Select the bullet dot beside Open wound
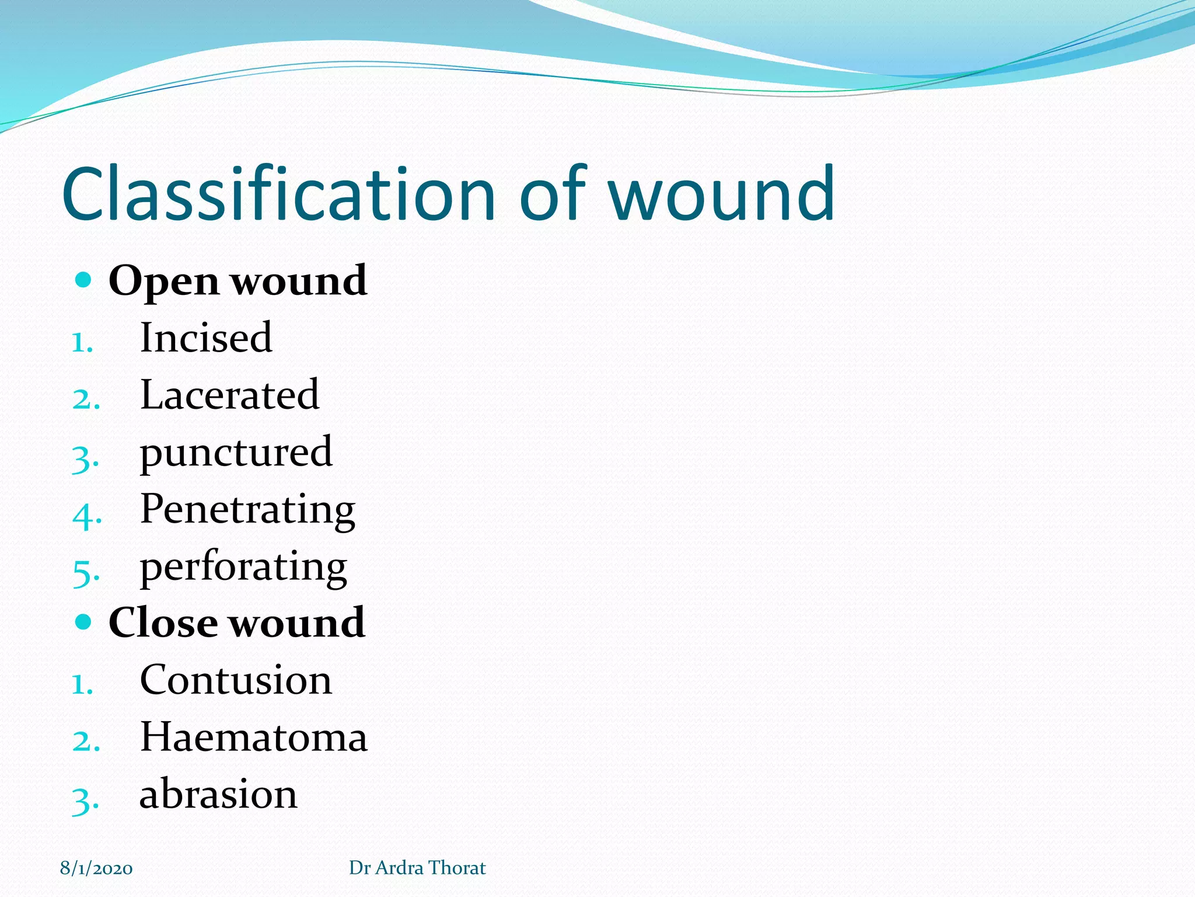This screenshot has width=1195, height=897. pyautogui.click(x=84, y=280)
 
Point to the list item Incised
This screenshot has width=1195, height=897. pyautogui.click(x=206, y=338)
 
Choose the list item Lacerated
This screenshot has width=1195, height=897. pyautogui.click(x=229, y=395)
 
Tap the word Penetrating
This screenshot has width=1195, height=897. pyautogui.click(x=247, y=510)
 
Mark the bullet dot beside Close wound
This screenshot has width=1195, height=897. pyautogui.click(x=84, y=622)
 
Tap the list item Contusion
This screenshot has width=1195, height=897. pyautogui.click(x=236, y=680)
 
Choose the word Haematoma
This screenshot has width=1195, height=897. pyautogui.click(x=254, y=737)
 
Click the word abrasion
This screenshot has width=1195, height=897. pyautogui.click(x=218, y=794)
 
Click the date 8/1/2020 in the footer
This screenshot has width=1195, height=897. pyautogui.click(x=96, y=868)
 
